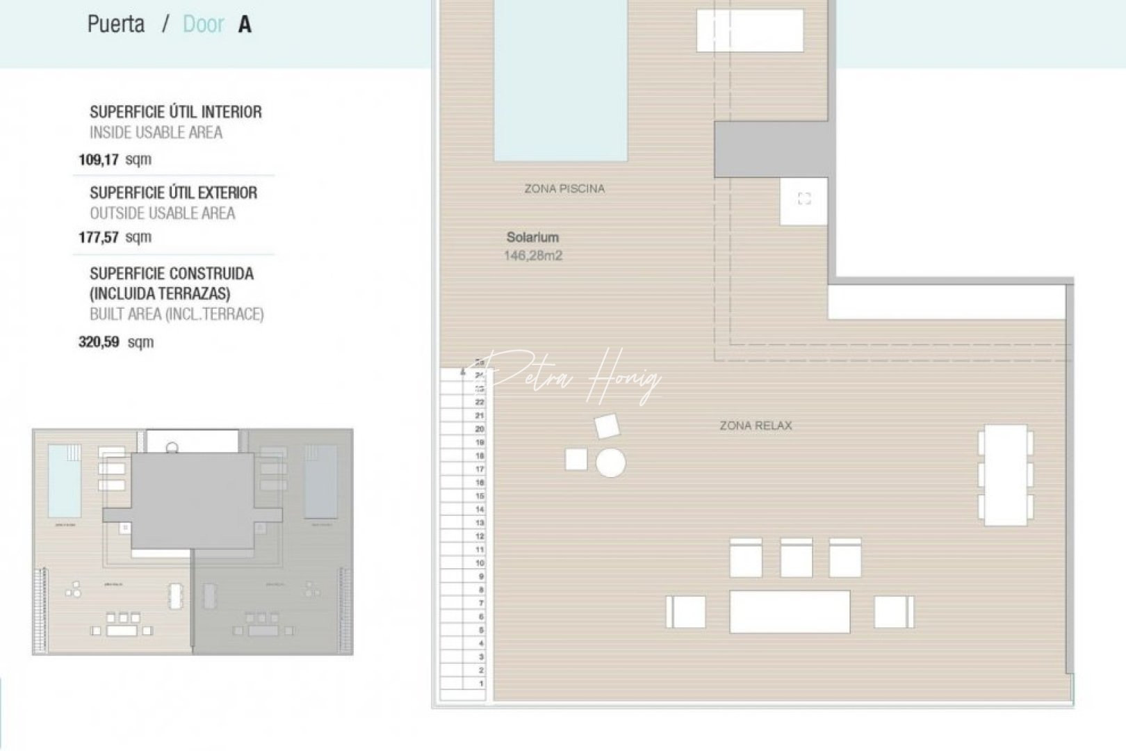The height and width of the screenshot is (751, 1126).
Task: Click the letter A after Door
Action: pyautogui.click(x=245, y=25)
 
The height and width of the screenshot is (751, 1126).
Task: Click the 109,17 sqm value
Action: pyautogui.click(x=115, y=159)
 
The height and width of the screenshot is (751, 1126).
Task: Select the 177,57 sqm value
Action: pyautogui.click(x=115, y=237)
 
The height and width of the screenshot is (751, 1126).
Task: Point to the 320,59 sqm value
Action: pyautogui.click(x=115, y=342)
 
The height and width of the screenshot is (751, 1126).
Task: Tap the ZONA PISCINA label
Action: pyautogui.click(x=564, y=188)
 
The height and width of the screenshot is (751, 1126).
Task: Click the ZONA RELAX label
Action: pyautogui.click(x=756, y=426)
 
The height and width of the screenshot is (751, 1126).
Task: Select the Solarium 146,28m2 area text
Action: pyautogui.click(x=533, y=246)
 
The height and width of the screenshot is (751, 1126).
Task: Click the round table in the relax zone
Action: pyautogui.click(x=610, y=463)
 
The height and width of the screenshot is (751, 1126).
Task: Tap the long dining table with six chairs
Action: pyautogui.click(x=1005, y=475)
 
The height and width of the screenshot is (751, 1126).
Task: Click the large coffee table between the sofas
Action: pyautogui.click(x=790, y=612)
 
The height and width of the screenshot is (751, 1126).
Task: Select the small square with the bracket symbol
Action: pyautogui.click(x=804, y=200)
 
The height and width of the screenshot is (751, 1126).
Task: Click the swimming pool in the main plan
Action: pyautogui.click(x=560, y=80)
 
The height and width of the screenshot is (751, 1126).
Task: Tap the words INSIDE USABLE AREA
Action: pyautogui.click(x=156, y=133)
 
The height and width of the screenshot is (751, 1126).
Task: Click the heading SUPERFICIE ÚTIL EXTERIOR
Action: pyautogui.click(x=173, y=193)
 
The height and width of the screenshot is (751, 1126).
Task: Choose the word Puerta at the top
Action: pyautogui.click(x=116, y=24)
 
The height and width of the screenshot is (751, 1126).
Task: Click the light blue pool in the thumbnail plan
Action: pyautogui.click(x=64, y=481)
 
